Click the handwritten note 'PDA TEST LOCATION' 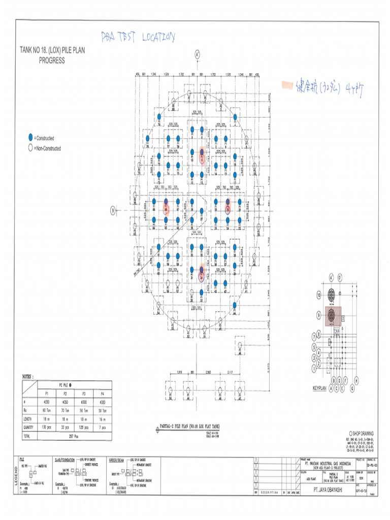[138, 37]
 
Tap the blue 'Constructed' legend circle [30, 138]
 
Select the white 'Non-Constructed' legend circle [30, 148]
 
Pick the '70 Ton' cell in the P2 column [64, 409]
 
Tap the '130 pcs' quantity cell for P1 [47, 427]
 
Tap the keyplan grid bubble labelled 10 [319, 294]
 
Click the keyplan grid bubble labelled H [357, 380]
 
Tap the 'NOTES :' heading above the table [28, 376]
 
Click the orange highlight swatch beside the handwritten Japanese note [287, 84]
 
